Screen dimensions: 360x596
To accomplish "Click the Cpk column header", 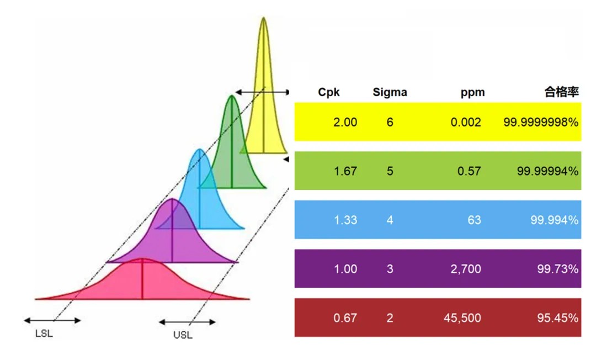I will [x=329, y=92].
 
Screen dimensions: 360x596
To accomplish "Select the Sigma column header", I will [x=390, y=92].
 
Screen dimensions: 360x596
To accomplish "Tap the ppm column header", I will [x=472, y=92].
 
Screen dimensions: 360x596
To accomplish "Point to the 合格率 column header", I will [x=562, y=92].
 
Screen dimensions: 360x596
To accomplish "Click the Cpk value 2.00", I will [x=345, y=122].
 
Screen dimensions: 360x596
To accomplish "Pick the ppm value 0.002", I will [x=465, y=122].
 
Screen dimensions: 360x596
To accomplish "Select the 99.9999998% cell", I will [x=541, y=122].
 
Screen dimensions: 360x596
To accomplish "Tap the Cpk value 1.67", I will [x=345, y=171].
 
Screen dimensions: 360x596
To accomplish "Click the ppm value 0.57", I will [x=469, y=171].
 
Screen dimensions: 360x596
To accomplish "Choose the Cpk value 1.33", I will [x=345, y=220].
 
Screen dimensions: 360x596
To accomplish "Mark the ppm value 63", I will [x=473, y=220].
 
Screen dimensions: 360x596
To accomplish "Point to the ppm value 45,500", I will [x=462, y=318].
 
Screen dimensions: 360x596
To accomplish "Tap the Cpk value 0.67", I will [x=345, y=318].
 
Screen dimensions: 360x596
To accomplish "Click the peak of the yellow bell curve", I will [x=263, y=18].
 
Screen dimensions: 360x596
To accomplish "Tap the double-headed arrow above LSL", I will [x=52, y=320].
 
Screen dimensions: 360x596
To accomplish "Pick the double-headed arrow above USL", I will [x=187, y=322].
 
